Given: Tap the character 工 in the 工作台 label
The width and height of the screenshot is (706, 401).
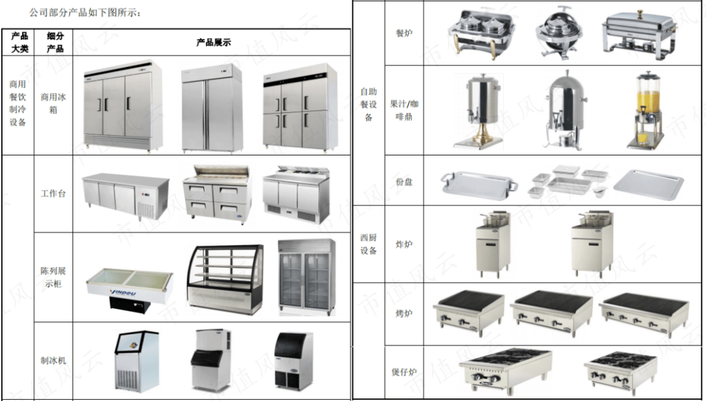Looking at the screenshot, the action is click(44, 193).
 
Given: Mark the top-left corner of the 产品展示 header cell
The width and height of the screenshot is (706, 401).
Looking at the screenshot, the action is click(73, 29).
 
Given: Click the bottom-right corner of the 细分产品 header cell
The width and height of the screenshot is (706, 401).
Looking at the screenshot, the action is click(73, 56).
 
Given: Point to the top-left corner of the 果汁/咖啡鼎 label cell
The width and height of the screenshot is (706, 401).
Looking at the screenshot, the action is click(386, 66).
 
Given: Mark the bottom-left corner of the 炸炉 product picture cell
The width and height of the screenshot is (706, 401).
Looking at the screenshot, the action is click(424, 283).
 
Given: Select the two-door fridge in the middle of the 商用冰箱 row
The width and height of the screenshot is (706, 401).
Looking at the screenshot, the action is click(212, 108).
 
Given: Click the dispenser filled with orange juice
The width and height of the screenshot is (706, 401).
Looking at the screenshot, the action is click(646, 110).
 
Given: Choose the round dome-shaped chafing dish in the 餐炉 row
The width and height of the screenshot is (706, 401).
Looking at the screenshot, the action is click(558, 33).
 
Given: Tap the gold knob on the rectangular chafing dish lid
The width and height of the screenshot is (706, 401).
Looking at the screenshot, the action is click(639, 14).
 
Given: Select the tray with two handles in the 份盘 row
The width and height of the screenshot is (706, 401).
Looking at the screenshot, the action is click(479, 183).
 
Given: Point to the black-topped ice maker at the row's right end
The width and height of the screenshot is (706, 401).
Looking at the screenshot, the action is click(294, 361).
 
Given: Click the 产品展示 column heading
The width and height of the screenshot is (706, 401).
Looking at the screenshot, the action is click(213, 42).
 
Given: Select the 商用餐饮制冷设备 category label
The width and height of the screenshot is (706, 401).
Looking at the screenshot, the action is click(18, 103).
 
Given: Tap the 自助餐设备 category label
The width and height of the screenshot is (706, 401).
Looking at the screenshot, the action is click(368, 104).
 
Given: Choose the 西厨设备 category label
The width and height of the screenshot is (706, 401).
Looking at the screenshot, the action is click(368, 244).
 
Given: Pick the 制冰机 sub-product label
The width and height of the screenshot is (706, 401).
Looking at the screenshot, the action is click(53, 361).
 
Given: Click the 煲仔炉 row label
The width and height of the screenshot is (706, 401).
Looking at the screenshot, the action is click(404, 372).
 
